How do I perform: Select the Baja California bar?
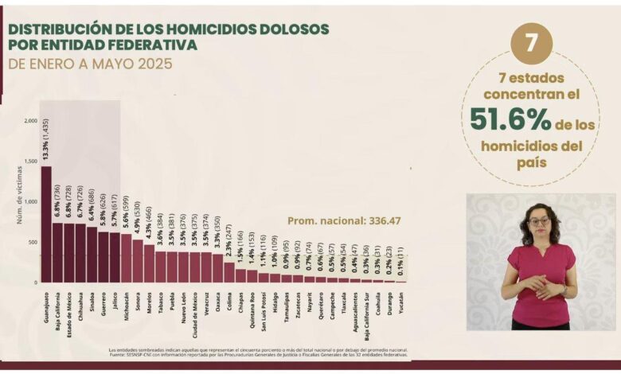click(x=57, y=253)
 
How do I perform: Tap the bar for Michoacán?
click(x=126, y=259)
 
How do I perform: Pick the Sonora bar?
click(x=138, y=262)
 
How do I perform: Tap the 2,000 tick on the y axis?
click(x=30, y=121)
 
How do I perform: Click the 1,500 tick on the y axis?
click(x=30, y=162)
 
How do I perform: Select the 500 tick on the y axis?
click(x=32, y=242)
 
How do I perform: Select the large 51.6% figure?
click(x=510, y=119)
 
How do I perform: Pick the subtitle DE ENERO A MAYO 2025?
click(x=90, y=64)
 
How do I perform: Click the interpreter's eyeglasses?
click(x=540, y=220)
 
